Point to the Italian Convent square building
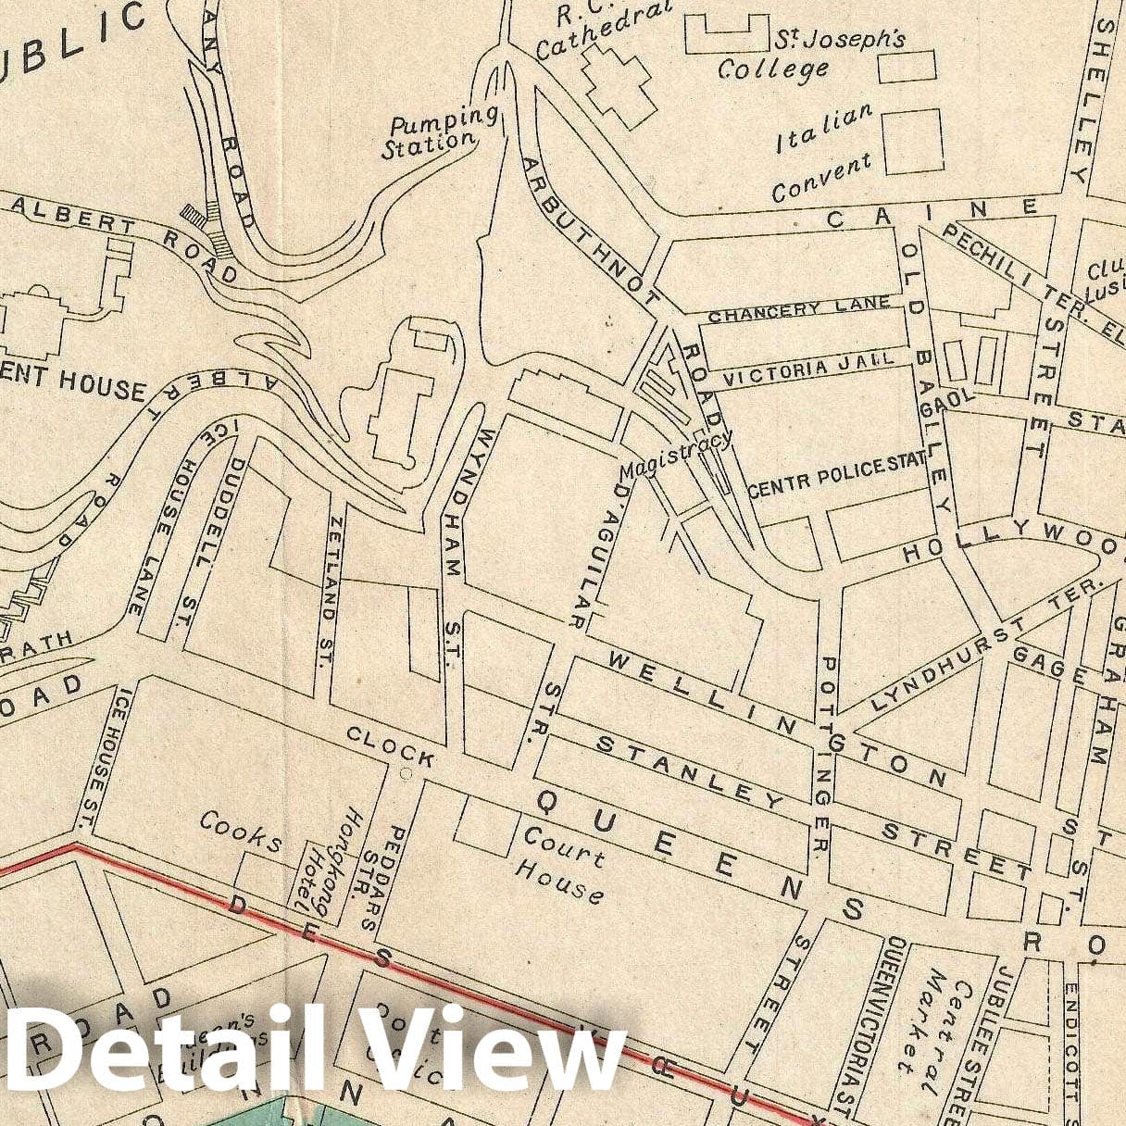coord(912,142)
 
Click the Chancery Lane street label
coord(799,309)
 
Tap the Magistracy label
coord(676,454)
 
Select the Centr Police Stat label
coord(836,475)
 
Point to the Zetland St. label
coord(328,593)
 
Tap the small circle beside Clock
coord(405,773)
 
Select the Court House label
coord(560,865)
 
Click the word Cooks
coord(241,831)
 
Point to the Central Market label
coord(943,1028)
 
